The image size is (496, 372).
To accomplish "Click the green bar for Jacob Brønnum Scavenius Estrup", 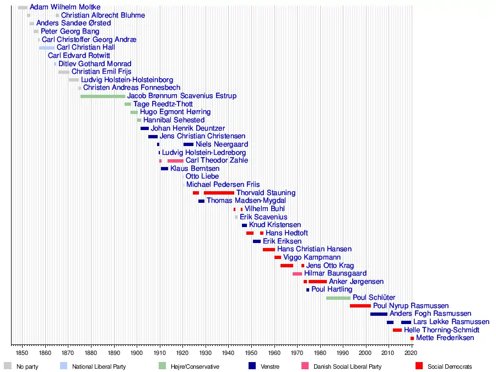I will click(x=103, y=96).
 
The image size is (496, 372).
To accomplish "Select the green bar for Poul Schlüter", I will click(x=338, y=298).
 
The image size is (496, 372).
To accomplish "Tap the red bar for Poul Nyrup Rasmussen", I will click(x=360, y=306).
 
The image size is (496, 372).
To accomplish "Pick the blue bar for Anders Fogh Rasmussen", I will click(x=379, y=314).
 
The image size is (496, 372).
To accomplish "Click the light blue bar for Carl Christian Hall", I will click(x=47, y=48).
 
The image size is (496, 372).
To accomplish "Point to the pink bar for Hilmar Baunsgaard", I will click(x=297, y=274).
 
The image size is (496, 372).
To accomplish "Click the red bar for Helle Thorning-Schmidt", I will click(x=397, y=330).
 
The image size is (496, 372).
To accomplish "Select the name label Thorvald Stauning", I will click(x=266, y=193).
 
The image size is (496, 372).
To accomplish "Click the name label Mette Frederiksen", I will click(x=445, y=338).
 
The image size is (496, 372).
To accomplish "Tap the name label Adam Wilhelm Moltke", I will click(x=65, y=7).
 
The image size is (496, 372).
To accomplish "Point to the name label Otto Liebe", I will click(x=202, y=176).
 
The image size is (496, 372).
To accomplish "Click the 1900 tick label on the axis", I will click(x=137, y=352).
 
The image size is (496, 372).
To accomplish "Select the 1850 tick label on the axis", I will click(x=22, y=352).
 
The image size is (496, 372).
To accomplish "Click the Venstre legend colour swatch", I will click(x=252, y=365).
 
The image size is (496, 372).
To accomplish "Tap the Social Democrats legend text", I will click(x=450, y=366).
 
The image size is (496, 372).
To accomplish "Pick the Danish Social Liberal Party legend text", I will click(x=347, y=366).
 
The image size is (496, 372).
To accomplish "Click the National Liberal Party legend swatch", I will click(x=63, y=365).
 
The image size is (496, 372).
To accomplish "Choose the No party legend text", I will click(x=28, y=366).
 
